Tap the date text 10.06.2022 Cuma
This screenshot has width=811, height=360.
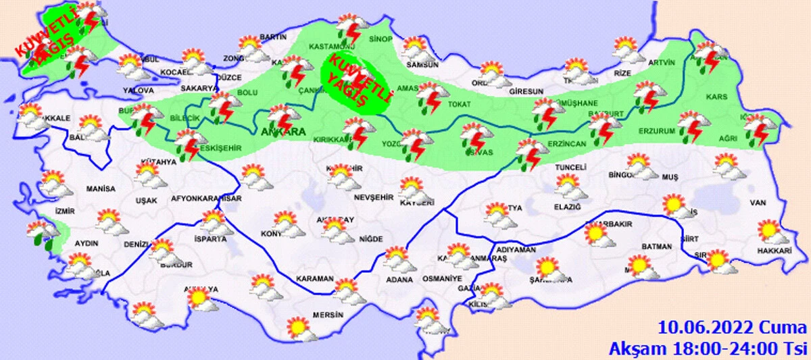[x=732, y=329]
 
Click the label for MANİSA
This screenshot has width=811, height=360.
[x=101, y=190]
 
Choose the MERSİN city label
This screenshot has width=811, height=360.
[x=328, y=315]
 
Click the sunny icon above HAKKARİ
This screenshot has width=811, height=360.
[x=770, y=232]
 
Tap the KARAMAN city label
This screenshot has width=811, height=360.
[x=315, y=278]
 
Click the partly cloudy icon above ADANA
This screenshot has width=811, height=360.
[x=397, y=259]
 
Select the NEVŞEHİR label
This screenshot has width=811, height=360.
[x=374, y=197]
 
